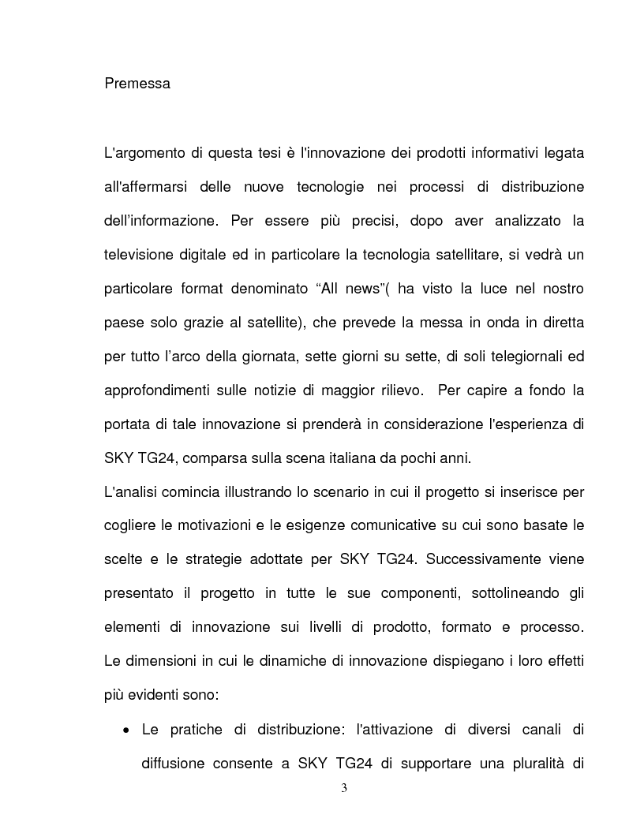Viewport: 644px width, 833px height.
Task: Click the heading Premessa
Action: [137, 83]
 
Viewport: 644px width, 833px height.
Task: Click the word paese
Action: [123, 323]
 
